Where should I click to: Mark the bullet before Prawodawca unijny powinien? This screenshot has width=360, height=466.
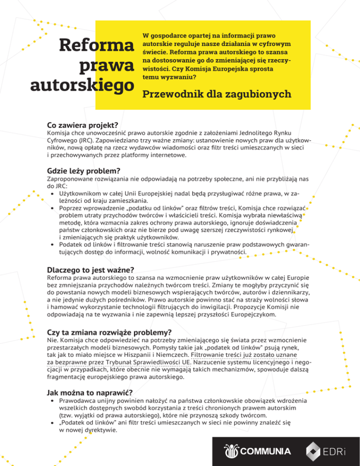pyautogui.click(x=51, y=402)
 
